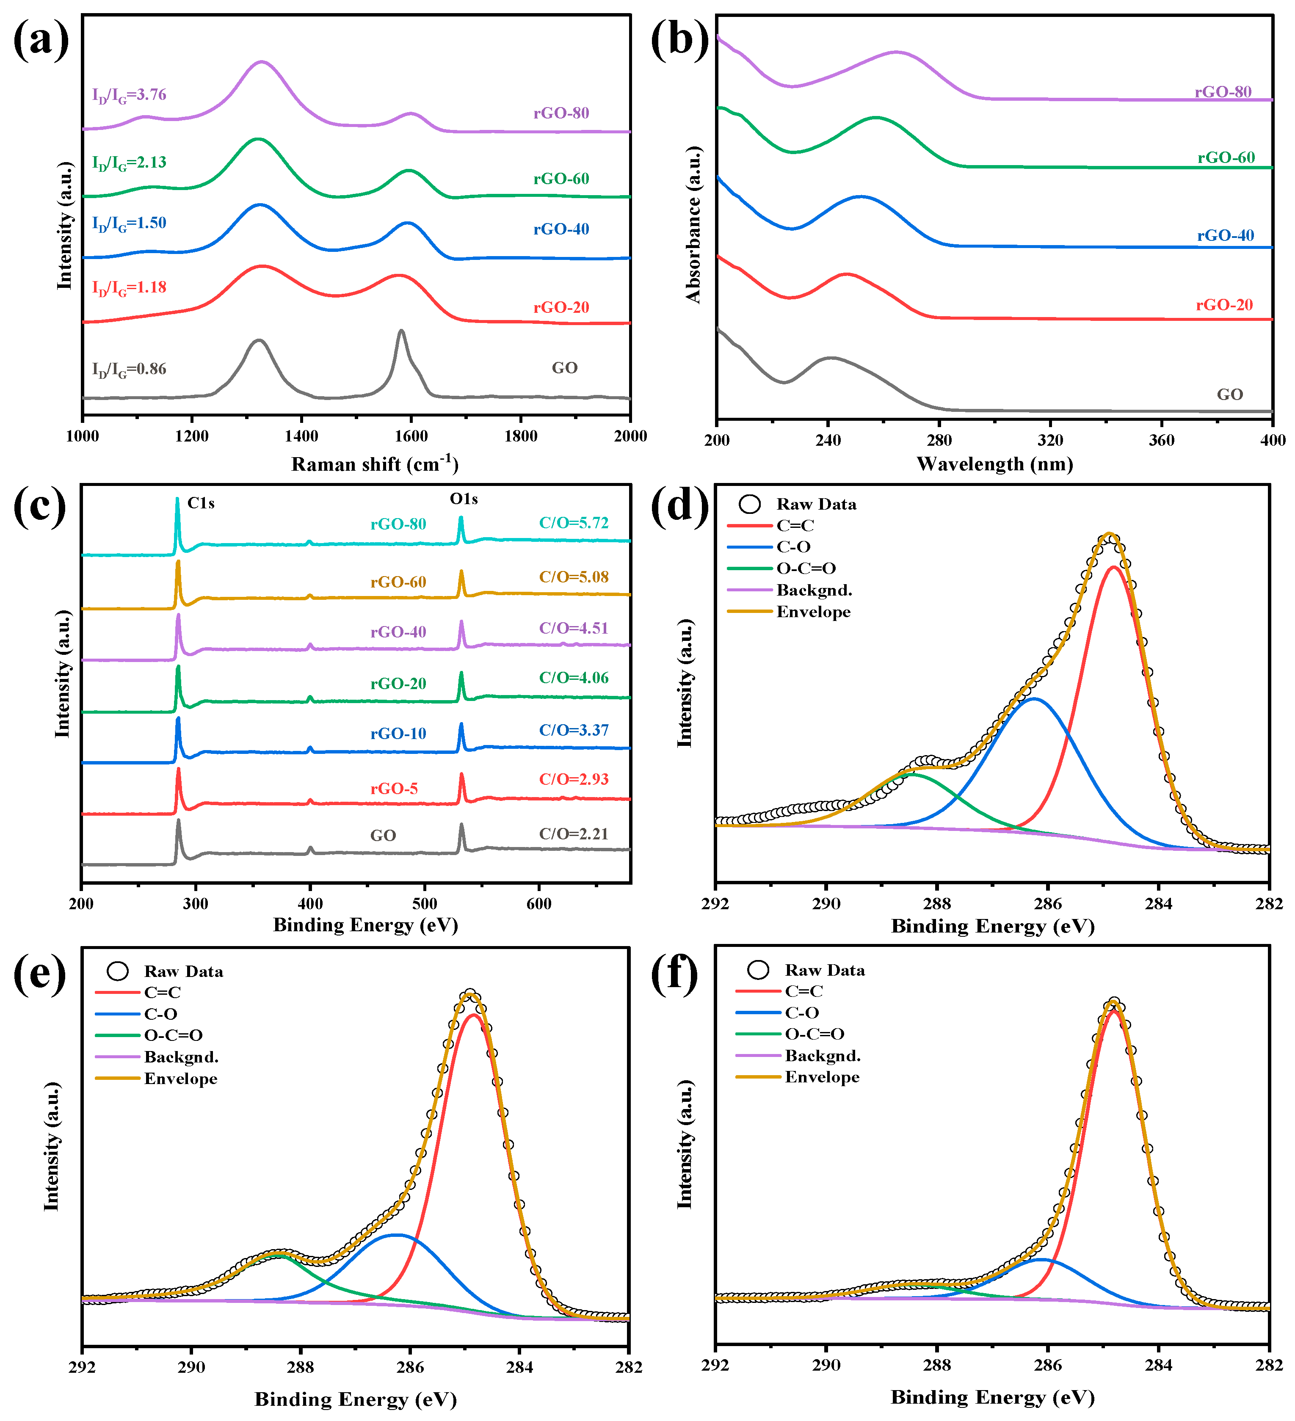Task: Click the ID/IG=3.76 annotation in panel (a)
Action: click(x=129, y=95)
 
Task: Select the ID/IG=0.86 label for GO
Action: click(x=129, y=370)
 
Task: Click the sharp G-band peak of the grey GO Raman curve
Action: click(x=401, y=331)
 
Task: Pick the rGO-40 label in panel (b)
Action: click(x=1225, y=235)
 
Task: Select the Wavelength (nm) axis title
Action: click(x=995, y=464)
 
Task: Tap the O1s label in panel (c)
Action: click(x=464, y=499)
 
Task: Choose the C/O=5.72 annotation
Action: click(x=573, y=523)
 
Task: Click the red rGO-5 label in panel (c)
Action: click(x=394, y=789)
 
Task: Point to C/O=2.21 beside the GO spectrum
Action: click(x=573, y=834)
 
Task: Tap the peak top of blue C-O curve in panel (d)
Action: click(x=1033, y=699)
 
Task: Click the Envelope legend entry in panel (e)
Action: click(x=180, y=1079)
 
